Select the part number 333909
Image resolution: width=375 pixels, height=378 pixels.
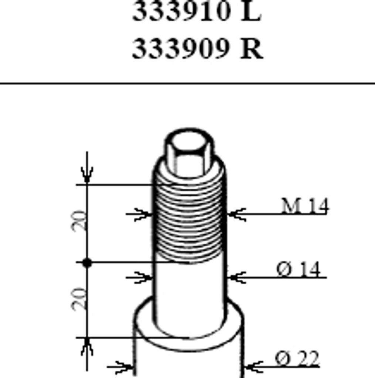tap(180, 49)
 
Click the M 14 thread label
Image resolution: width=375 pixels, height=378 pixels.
tap(305, 206)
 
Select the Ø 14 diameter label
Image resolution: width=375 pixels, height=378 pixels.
tap(299, 269)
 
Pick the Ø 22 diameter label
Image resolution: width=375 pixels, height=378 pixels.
tap(297, 358)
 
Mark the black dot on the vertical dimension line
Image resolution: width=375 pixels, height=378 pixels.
tap(87, 263)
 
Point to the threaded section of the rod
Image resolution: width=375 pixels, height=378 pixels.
tap(188, 221)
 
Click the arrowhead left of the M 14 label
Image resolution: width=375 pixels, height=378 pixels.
tap(236, 214)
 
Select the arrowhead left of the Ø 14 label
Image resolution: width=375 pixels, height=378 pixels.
tap(236, 277)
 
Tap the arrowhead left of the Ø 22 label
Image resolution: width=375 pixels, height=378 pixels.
tap(253, 367)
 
